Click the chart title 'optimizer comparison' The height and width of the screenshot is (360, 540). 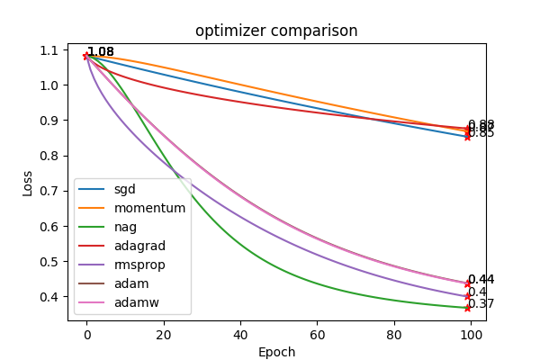coord(276,31)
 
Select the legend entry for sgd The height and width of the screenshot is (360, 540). coord(124,189)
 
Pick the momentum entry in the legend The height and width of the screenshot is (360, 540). coord(149,208)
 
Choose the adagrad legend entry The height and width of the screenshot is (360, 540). coord(139,246)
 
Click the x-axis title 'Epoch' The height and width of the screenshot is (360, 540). coord(276,352)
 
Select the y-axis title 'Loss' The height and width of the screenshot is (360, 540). coord(28,184)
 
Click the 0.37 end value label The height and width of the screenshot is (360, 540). coord(481,304)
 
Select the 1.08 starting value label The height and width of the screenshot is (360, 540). coord(101,52)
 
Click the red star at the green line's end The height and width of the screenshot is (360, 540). coord(467,308)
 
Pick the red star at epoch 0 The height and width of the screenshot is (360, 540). coord(86,56)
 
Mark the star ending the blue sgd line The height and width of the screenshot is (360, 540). coord(467,137)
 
